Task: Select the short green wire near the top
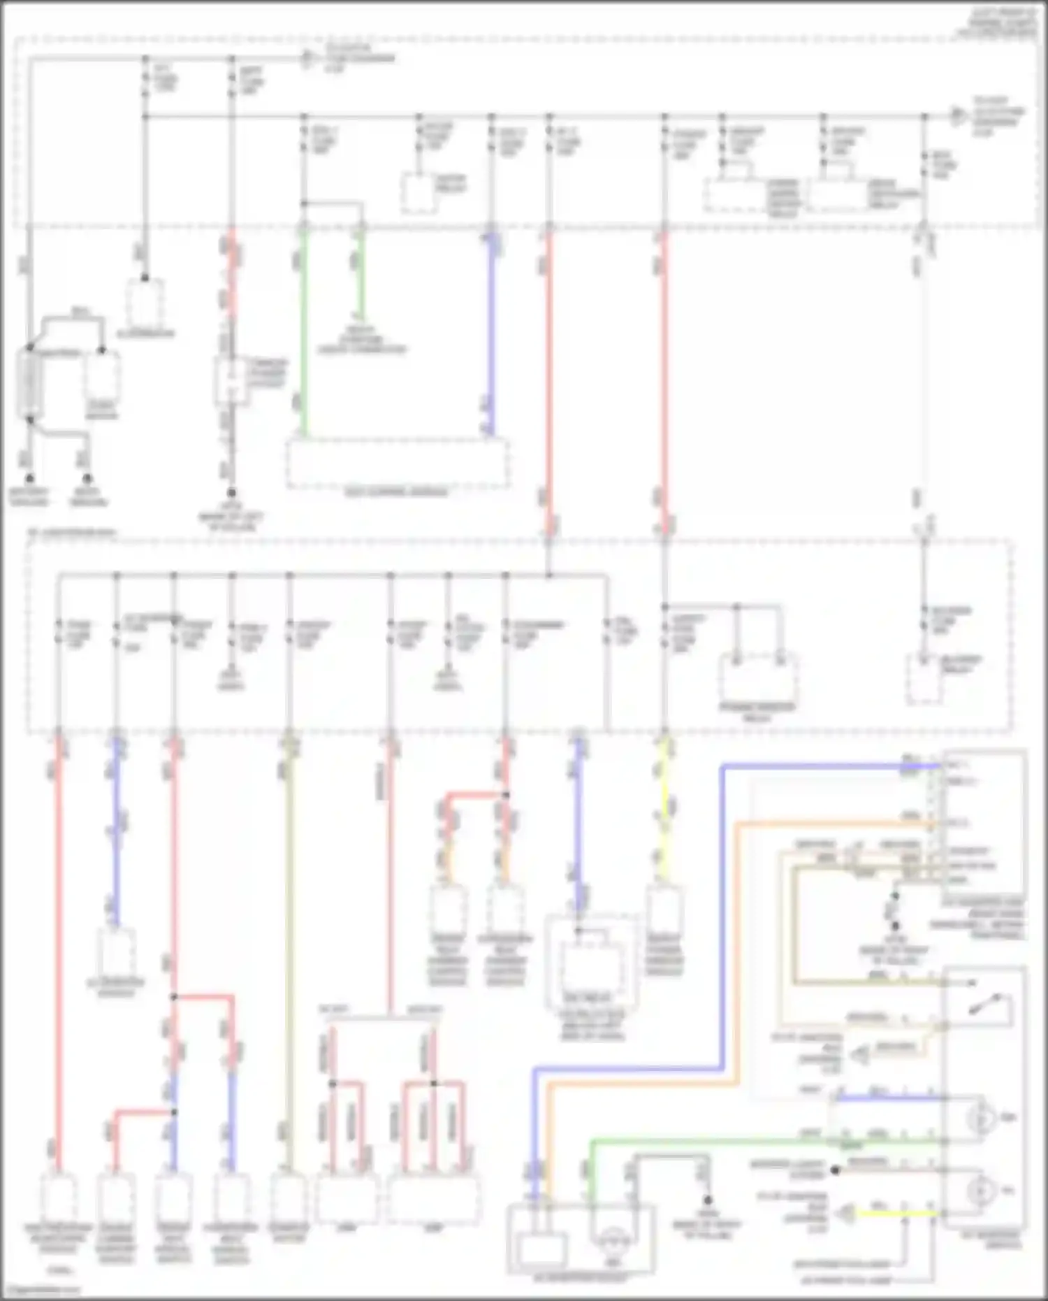click(x=361, y=273)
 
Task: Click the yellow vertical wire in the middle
click(x=664, y=811)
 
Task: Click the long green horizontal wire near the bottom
click(x=762, y=1142)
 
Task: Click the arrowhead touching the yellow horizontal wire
click(x=847, y=1214)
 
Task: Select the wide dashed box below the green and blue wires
click(x=397, y=463)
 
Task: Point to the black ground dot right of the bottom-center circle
click(x=707, y=1200)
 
